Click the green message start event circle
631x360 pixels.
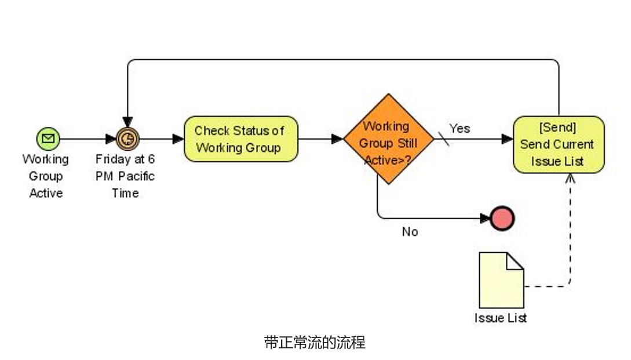point(48,139)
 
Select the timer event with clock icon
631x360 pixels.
point(127,139)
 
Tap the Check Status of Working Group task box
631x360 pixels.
point(240,139)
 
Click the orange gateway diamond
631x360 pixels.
point(388,139)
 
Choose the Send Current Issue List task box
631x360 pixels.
point(559,144)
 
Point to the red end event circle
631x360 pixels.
point(502,219)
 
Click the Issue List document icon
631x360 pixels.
point(501,280)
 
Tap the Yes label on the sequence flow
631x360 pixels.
point(459,128)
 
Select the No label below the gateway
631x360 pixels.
point(410,232)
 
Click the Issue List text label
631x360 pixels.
point(501,318)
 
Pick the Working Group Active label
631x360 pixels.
point(46,176)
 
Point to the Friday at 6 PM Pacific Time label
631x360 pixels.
point(125,176)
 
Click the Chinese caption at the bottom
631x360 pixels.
point(315,341)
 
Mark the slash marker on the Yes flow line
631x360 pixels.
point(443,139)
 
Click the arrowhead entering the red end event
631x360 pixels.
point(486,219)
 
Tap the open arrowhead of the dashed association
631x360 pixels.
point(570,178)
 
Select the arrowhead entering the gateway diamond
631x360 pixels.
point(337,139)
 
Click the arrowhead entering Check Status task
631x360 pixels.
point(178,139)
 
